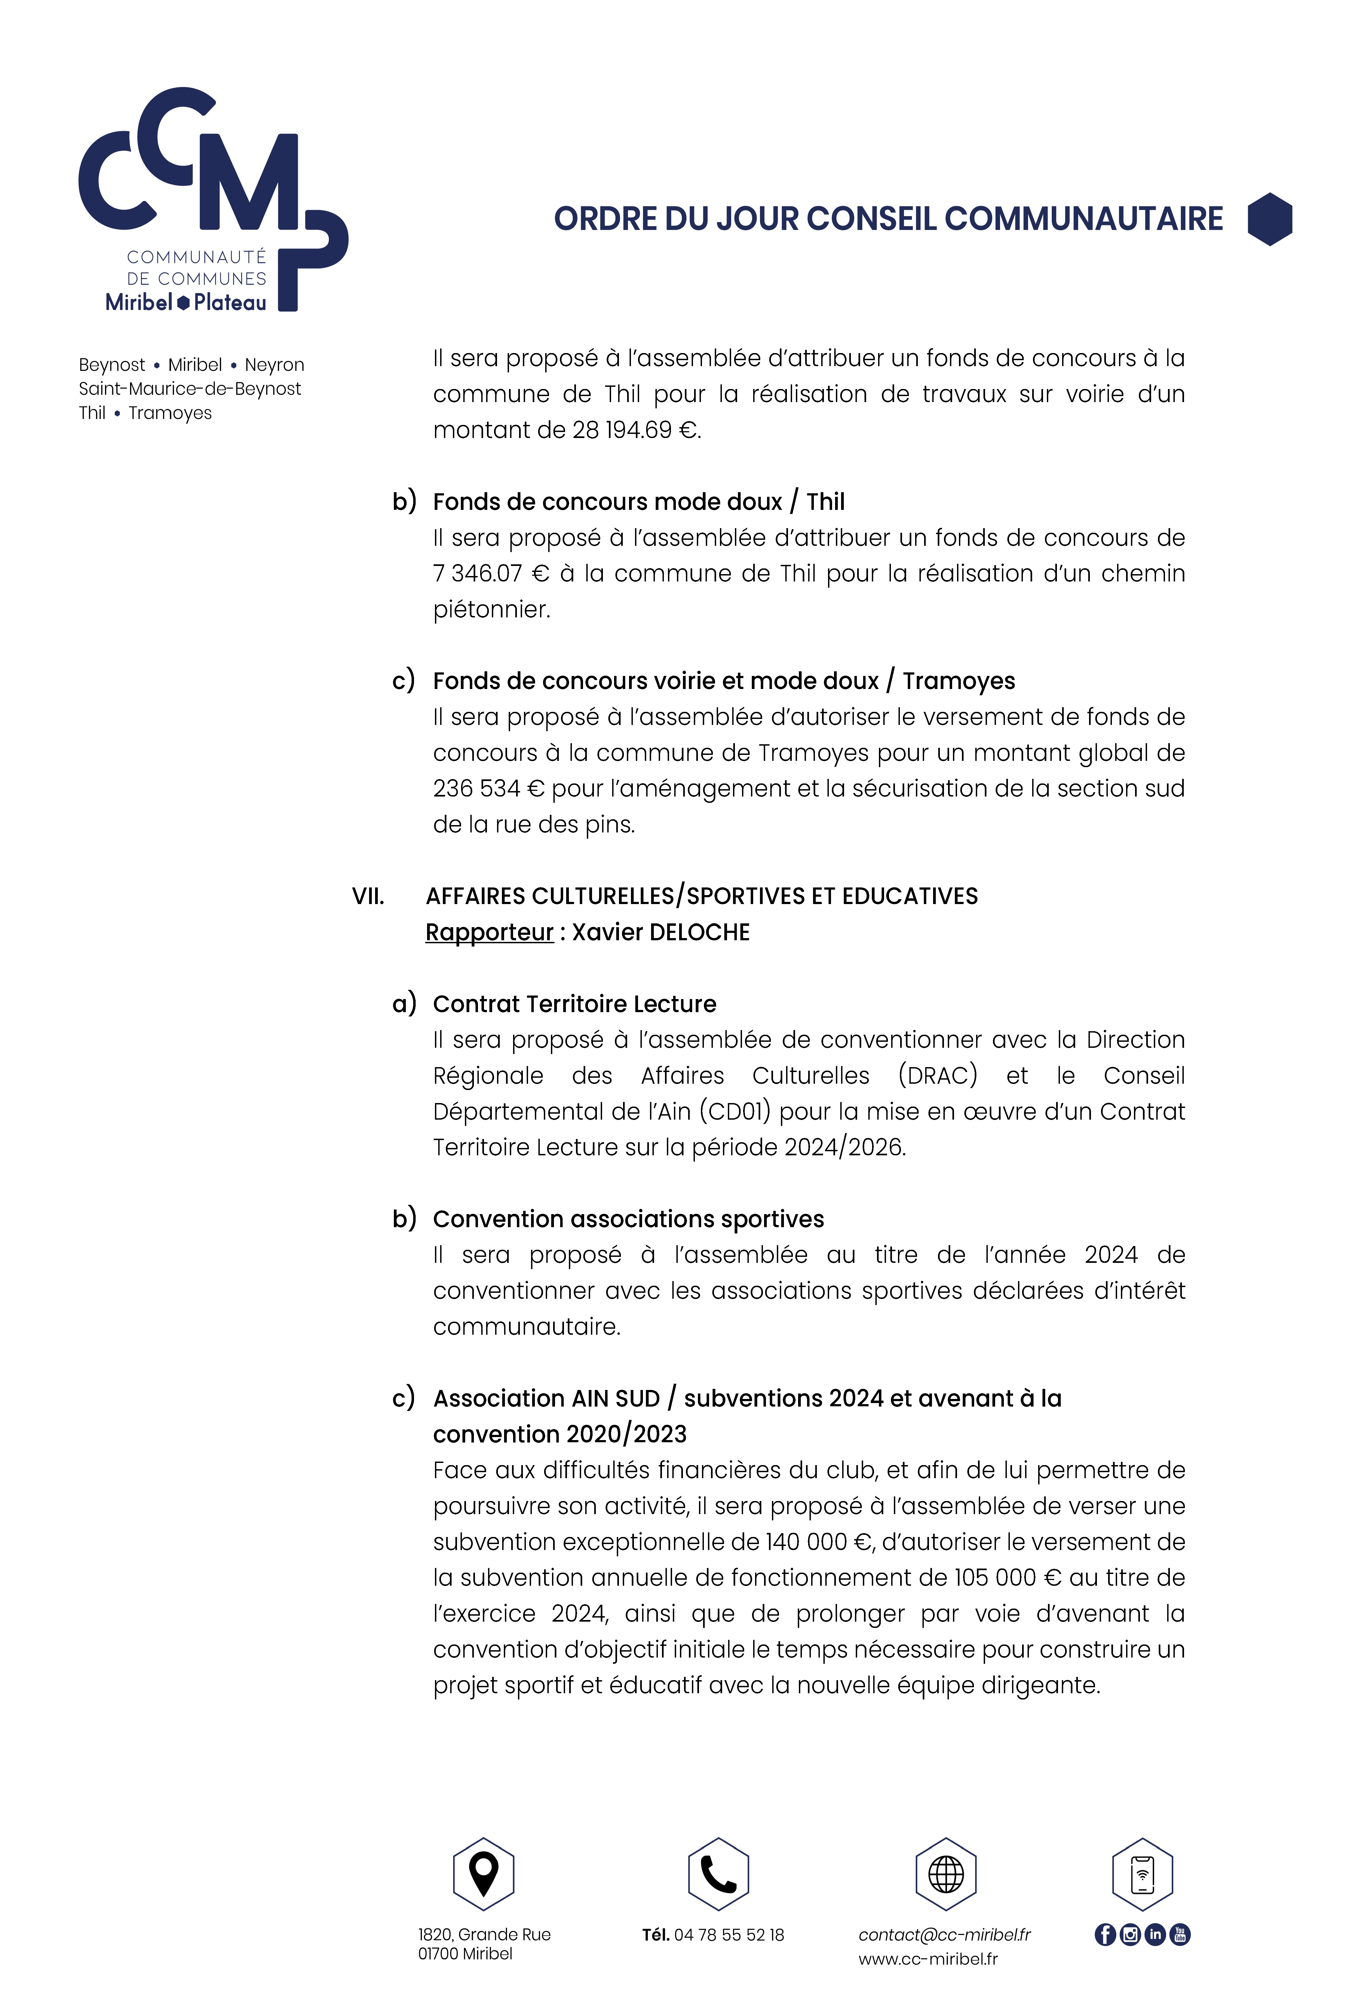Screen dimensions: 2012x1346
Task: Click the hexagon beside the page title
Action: [x=1270, y=219]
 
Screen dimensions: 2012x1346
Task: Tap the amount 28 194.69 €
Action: [x=635, y=430]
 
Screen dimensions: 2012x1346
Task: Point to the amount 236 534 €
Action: [x=488, y=788]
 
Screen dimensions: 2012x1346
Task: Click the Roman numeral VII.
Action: [x=368, y=896]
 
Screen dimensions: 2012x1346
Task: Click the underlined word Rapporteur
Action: [x=489, y=932]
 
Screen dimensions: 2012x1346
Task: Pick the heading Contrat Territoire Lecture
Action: [x=574, y=1003]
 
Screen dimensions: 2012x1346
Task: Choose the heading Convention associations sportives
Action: [x=628, y=1219]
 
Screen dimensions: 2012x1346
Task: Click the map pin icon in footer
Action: [x=483, y=1874]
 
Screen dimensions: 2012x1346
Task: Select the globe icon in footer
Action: [x=946, y=1874]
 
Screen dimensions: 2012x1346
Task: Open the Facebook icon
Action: [x=1105, y=1935]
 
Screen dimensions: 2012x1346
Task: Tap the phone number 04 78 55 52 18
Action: [x=729, y=1935]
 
